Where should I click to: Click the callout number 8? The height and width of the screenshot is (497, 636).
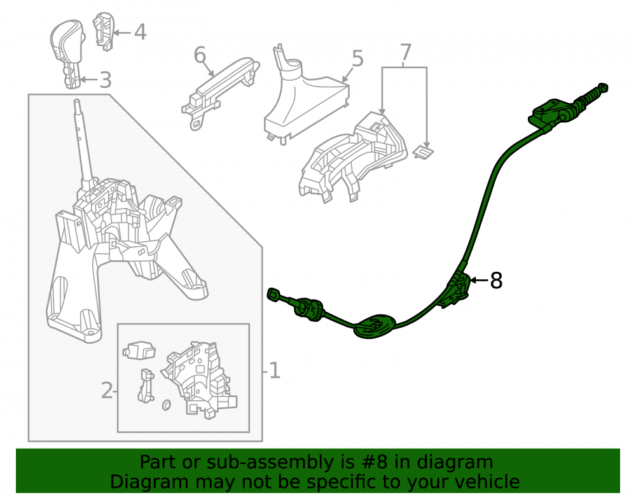(496, 281)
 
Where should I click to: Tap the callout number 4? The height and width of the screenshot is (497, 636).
(140, 32)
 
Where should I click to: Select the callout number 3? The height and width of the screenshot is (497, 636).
(106, 80)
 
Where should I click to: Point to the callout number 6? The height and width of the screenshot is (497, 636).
(200, 55)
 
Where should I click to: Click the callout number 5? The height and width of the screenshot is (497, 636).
(357, 59)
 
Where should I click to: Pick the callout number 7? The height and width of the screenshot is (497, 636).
(406, 52)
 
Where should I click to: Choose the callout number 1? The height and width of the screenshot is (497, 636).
(275, 370)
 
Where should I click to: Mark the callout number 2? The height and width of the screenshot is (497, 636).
(107, 390)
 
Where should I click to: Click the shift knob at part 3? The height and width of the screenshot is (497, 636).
(68, 53)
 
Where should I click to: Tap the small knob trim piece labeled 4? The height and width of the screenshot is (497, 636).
(104, 31)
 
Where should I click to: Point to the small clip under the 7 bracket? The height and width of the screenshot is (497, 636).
(423, 152)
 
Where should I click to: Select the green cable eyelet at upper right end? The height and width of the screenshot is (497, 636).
(603, 87)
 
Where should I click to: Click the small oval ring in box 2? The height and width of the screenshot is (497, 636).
(166, 405)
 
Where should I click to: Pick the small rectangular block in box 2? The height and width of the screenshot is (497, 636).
(139, 350)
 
